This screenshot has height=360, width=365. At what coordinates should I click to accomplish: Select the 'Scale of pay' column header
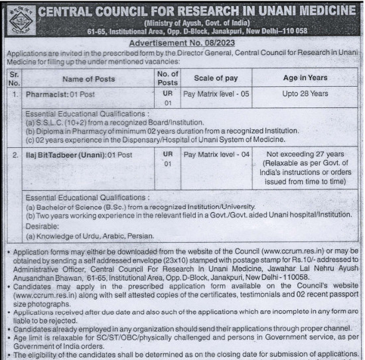point(210,78)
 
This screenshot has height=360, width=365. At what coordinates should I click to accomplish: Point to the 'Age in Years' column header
point(305,78)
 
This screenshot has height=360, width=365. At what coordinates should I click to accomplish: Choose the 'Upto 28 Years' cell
point(305,94)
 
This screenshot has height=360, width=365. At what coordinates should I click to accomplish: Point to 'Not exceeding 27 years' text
point(305,154)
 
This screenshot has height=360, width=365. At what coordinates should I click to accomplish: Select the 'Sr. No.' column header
point(13,78)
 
